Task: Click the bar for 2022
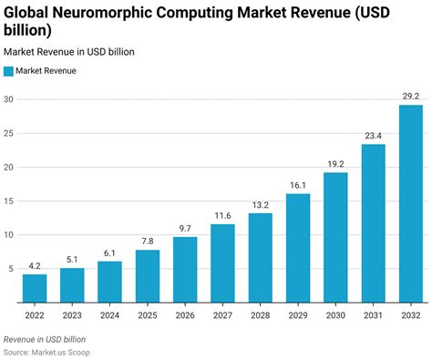(35, 288)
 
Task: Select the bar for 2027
(222, 263)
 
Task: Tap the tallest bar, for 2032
(410, 203)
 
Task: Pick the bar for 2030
(334, 237)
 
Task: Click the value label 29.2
(410, 96)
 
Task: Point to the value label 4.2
(35, 265)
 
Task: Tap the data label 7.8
(148, 241)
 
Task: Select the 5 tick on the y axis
(11, 269)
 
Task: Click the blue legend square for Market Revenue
(9, 71)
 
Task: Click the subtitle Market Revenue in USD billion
(69, 52)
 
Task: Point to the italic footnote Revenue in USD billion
(51, 338)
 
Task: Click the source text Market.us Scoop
(71, 351)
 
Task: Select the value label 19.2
(334, 163)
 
